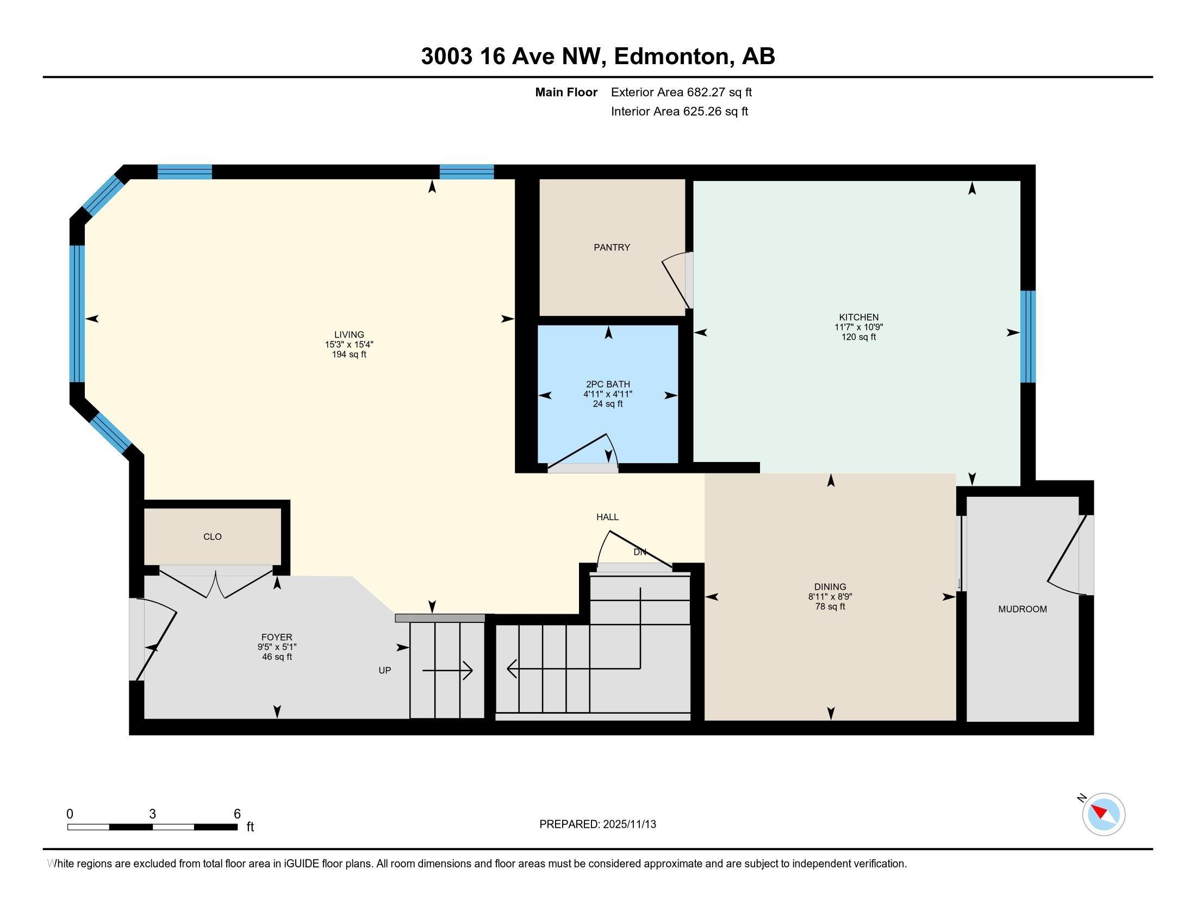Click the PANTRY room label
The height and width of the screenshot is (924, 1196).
(612, 247)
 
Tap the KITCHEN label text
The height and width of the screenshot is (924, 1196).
(858, 317)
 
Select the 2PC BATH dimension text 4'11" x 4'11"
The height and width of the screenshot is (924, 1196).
(607, 394)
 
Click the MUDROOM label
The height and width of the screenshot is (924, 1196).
(1023, 609)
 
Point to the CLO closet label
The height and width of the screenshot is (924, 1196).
(213, 536)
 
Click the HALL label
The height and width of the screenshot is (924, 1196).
(607, 517)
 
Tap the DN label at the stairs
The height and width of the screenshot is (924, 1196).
(640, 552)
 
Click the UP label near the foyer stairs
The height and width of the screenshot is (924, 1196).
(385, 670)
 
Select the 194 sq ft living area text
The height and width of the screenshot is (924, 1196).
(349, 354)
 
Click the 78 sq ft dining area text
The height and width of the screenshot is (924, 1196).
(830, 607)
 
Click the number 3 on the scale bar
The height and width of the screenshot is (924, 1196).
(152, 814)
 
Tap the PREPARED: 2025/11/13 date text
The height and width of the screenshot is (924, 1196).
(597, 824)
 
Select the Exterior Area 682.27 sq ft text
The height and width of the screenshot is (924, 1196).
(681, 92)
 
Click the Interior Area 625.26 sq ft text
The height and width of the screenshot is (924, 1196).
(679, 111)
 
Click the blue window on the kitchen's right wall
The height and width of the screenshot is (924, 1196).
(1028, 336)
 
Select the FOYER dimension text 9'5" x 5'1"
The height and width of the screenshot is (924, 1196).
(277, 647)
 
